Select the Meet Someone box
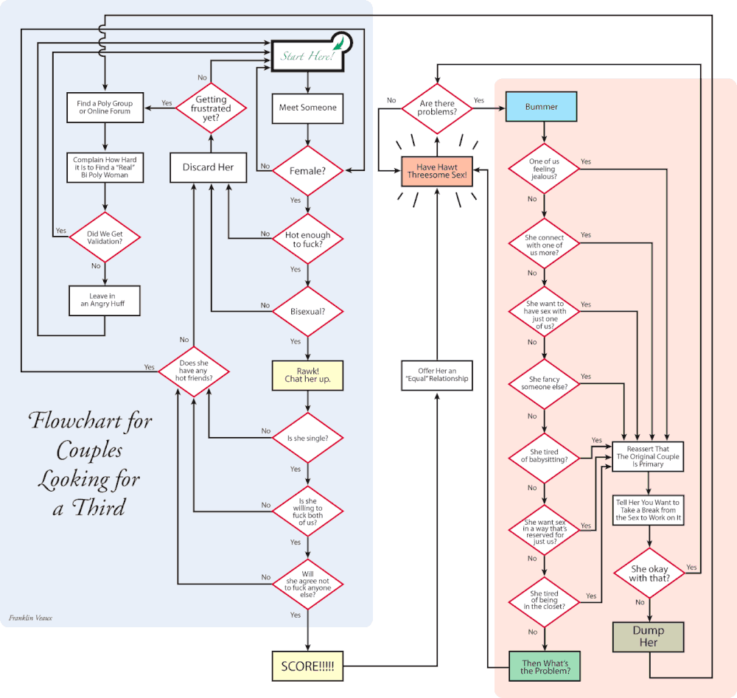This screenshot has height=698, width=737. (x=307, y=108)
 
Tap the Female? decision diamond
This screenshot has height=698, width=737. (x=307, y=171)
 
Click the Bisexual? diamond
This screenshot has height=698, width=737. (x=307, y=310)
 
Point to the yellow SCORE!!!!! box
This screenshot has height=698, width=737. (x=307, y=666)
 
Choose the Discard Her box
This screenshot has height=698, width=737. (x=208, y=167)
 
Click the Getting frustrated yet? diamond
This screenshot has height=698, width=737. (x=212, y=108)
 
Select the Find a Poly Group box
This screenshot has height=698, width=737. (x=103, y=108)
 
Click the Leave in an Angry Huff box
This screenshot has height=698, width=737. (x=104, y=300)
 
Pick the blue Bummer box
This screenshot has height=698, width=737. (x=541, y=108)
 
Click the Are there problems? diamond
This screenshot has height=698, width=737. (x=437, y=108)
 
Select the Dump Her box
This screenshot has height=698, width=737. (x=648, y=636)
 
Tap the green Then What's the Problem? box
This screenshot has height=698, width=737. (x=545, y=668)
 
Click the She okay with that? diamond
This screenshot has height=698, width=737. (x=649, y=573)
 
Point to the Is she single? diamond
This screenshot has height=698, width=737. (x=307, y=438)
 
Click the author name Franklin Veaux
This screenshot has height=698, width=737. (x=30, y=617)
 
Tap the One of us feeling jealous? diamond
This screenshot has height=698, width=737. (x=544, y=168)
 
